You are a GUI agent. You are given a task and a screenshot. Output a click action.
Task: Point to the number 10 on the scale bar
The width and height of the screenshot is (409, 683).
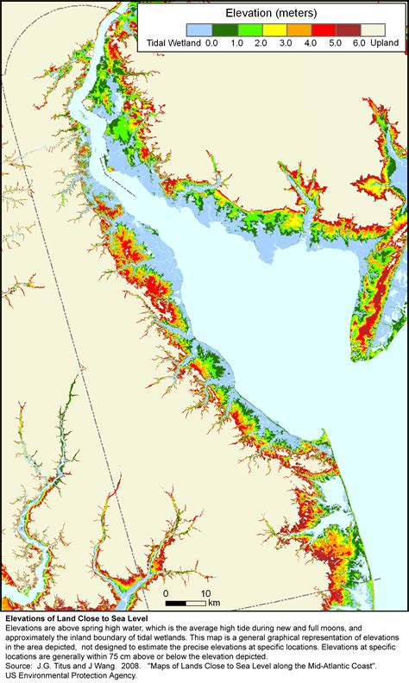point(206,593)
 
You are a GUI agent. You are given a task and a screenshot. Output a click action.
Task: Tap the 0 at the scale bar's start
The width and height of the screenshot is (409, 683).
point(166,593)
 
